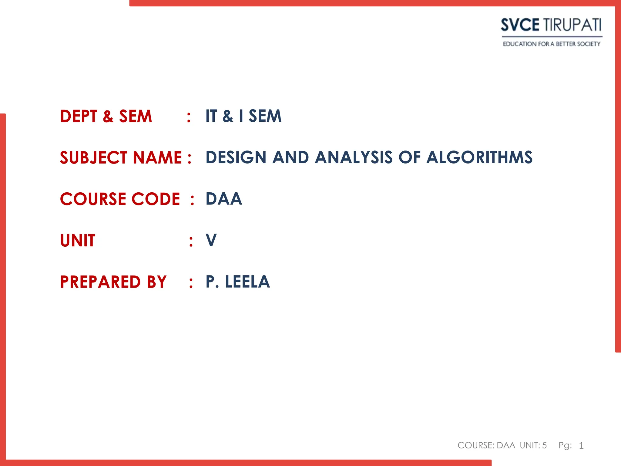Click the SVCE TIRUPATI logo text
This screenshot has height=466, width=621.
pyautogui.click(x=551, y=25)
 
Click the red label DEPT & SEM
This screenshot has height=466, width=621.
pyautogui.click(x=106, y=116)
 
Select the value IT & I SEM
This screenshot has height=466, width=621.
pyautogui.click(x=243, y=116)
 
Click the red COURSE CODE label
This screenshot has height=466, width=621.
pyautogui.click(x=120, y=199)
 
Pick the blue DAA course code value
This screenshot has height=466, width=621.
pyautogui.click(x=224, y=199)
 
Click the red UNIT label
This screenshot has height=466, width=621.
pyautogui.click(x=78, y=241)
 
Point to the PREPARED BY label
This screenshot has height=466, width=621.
pyautogui.click(x=113, y=282)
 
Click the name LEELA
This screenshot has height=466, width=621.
pyautogui.click(x=247, y=282)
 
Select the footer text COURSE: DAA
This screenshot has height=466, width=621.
pyautogui.click(x=486, y=445)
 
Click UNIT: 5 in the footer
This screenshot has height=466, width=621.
pyautogui.click(x=533, y=445)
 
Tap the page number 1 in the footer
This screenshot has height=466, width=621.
pyautogui.click(x=581, y=446)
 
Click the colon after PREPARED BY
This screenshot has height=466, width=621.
pyautogui.click(x=191, y=283)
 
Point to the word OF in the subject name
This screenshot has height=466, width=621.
pyautogui.click(x=409, y=157)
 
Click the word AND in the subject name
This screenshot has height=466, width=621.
pyautogui.click(x=290, y=157)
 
